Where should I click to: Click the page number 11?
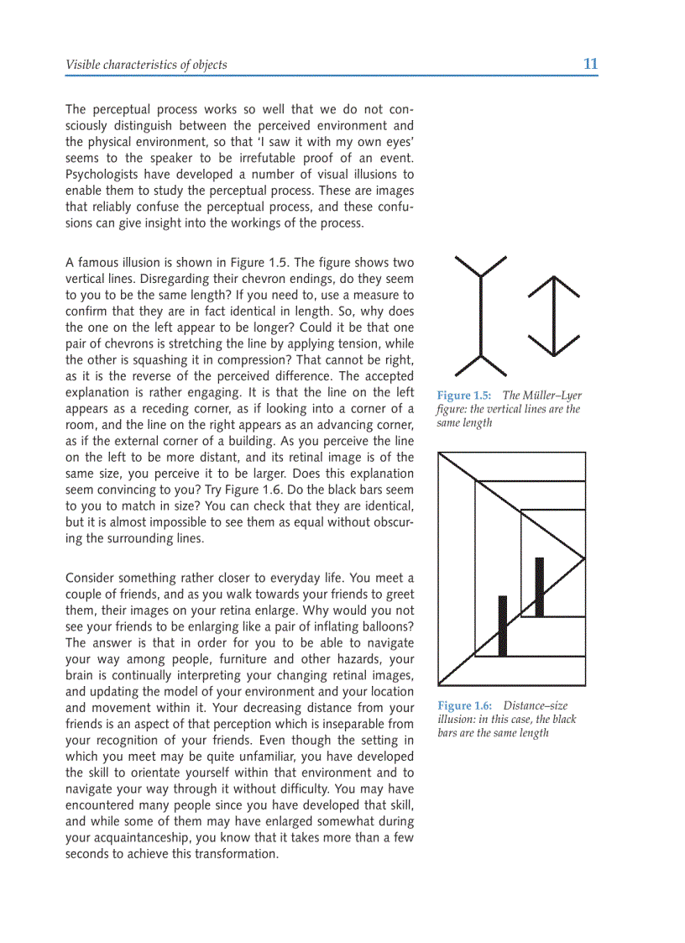(x=590, y=64)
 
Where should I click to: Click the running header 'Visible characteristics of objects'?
(x=146, y=65)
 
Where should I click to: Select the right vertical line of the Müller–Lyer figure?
(x=554, y=316)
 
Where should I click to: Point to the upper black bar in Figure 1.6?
(x=539, y=586)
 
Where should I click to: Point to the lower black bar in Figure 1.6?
(x=503, y=626)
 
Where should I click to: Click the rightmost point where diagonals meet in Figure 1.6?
(x=584, y=557)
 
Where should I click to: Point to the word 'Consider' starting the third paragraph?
(x=91, y=578)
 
